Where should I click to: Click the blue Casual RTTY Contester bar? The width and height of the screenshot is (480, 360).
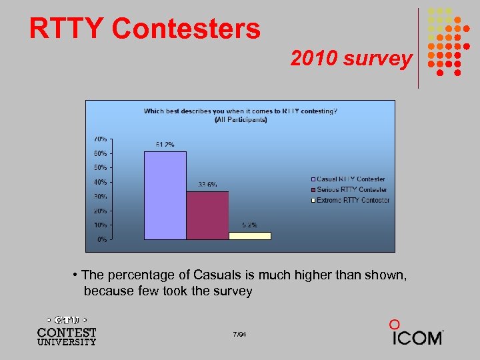click(165, 195)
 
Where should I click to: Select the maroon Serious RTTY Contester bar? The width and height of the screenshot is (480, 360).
click(207, 215)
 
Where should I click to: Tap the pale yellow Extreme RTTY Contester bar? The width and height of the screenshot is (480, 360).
click(250, 235)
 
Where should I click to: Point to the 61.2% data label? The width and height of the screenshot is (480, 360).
click(165, 144)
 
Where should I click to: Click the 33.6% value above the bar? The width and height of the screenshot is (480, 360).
click(207, 185)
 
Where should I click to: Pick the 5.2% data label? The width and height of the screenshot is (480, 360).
click(250, 225)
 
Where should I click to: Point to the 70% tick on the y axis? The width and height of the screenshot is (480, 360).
click(99, 139)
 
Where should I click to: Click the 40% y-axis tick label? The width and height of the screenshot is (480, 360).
click(99, 182)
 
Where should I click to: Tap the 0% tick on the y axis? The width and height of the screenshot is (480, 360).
click(101, 239)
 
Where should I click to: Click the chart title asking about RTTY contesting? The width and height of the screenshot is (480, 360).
click(240, 111)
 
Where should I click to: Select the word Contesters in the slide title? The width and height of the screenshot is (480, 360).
click(186, 29)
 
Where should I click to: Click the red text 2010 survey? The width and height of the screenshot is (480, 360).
click(351, 59)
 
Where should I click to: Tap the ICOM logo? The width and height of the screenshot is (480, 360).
click(416, 333)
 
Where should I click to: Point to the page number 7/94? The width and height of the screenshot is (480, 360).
click(240, 334)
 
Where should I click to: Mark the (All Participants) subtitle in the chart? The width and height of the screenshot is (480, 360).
click(240, 120)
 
